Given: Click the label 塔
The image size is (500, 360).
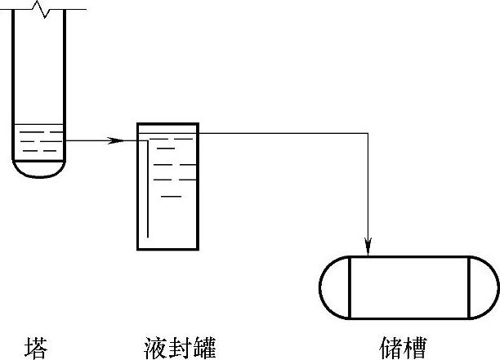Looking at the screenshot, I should tap(36, 346).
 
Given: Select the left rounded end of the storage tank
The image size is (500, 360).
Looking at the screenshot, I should tap(334, 288).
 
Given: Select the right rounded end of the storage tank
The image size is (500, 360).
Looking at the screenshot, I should tap(484, 288).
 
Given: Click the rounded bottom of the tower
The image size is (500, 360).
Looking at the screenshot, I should tap(40, 171).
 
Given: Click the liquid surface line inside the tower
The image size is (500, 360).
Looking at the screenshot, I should tap(40, 124).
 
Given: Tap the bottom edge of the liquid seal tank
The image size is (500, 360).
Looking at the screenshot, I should tap(167, 247).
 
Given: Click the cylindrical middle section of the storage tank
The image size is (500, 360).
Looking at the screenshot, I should tap(408, 288).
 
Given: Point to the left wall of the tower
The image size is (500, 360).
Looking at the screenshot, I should tap(14, 82).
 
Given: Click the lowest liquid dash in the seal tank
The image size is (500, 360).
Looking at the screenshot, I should tap(171, 197).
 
